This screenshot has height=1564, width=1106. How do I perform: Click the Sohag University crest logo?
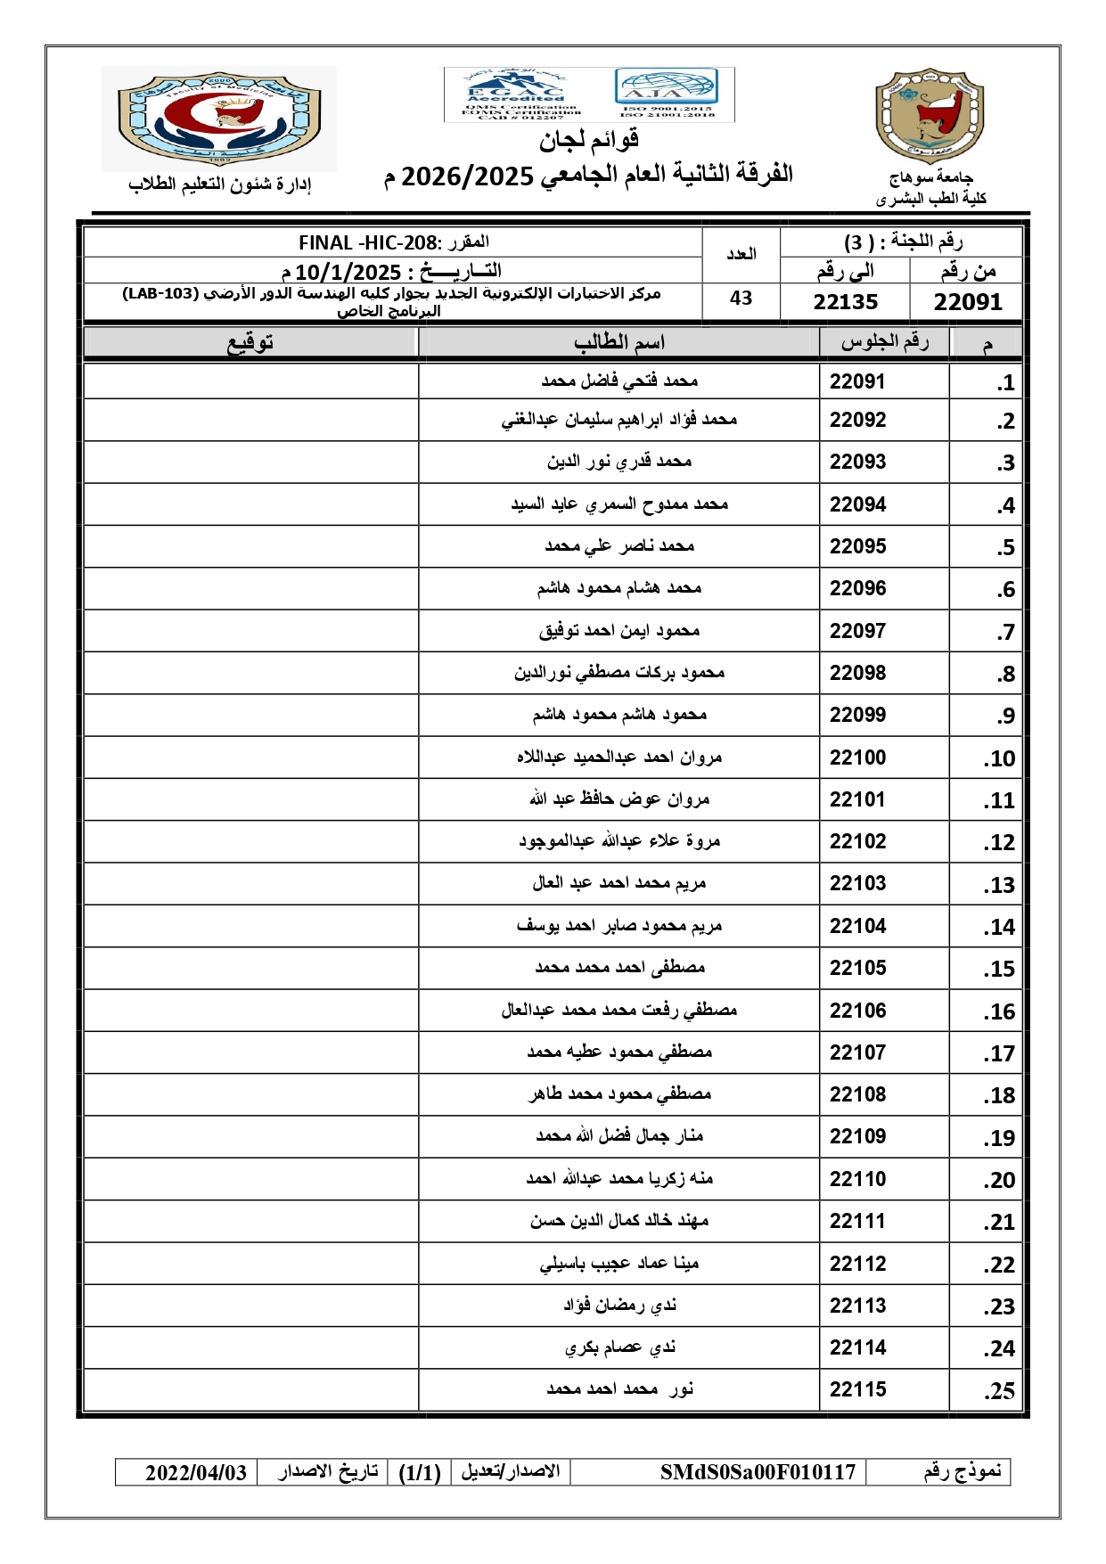click(x=930, y=116)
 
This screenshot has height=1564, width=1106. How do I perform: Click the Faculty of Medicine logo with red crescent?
click(x=219, y=118)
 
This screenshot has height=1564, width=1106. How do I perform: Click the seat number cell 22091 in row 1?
click(x=857, y=381)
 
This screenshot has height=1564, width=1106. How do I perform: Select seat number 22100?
click(x=857, y=757)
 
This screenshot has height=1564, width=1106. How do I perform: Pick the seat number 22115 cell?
click(x=857, y=1389)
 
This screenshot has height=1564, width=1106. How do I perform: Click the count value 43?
click(x=741, y=299)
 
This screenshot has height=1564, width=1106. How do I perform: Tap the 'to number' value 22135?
click(x=845, y=302)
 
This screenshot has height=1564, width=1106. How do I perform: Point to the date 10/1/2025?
click(x=348, y=271)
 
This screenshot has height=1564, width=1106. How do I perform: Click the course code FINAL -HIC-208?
click(x=369, y=242)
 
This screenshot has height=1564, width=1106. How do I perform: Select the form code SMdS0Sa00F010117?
click(x=758, y=1471)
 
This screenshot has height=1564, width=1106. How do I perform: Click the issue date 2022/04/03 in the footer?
click(x=196, y=1472)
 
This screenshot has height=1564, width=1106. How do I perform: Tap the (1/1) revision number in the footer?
click(x=420, y=1472)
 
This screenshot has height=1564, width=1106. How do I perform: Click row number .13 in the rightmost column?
click(x=999, y=885)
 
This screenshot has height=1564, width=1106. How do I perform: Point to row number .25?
click(x=999, y=1391)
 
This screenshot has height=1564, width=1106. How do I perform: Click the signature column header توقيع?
click(x=250, y=343)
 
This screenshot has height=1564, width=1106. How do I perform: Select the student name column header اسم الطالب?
click(x=619, y=343)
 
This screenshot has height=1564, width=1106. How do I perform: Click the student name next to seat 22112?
click(x=619, y=1264)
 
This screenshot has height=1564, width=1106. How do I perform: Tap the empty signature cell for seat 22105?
click(x=250, y=968)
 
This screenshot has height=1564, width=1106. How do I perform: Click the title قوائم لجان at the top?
click(x=588, y=140)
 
